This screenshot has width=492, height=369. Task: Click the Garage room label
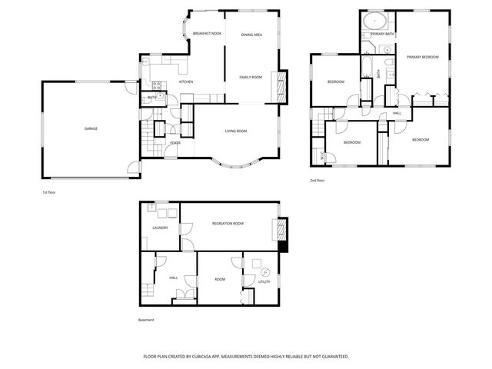click(x=91, y=128)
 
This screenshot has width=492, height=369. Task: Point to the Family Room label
click(x=251, y=78)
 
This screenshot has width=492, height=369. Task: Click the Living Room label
click(x=235, y=131)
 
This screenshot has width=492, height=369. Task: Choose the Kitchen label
click(x=186, y=82)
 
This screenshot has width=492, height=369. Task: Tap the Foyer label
click(x=175, y=143)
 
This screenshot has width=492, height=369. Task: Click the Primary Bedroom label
click(x=422, y=58)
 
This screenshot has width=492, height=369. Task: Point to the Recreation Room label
click(x=228, y=224)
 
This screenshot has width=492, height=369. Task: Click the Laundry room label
click(x=161, y=228)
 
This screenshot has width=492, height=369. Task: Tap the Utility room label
click(x=264, y=281)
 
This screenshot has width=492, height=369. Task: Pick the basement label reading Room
click(x=220, y=279)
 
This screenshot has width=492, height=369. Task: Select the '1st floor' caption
click(x=49, y=192)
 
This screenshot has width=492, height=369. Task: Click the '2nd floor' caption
click(x=317, y=181)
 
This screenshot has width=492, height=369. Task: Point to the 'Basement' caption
click(x=146, y=320)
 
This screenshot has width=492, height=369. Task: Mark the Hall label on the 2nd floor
click(x=397, y=113)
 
